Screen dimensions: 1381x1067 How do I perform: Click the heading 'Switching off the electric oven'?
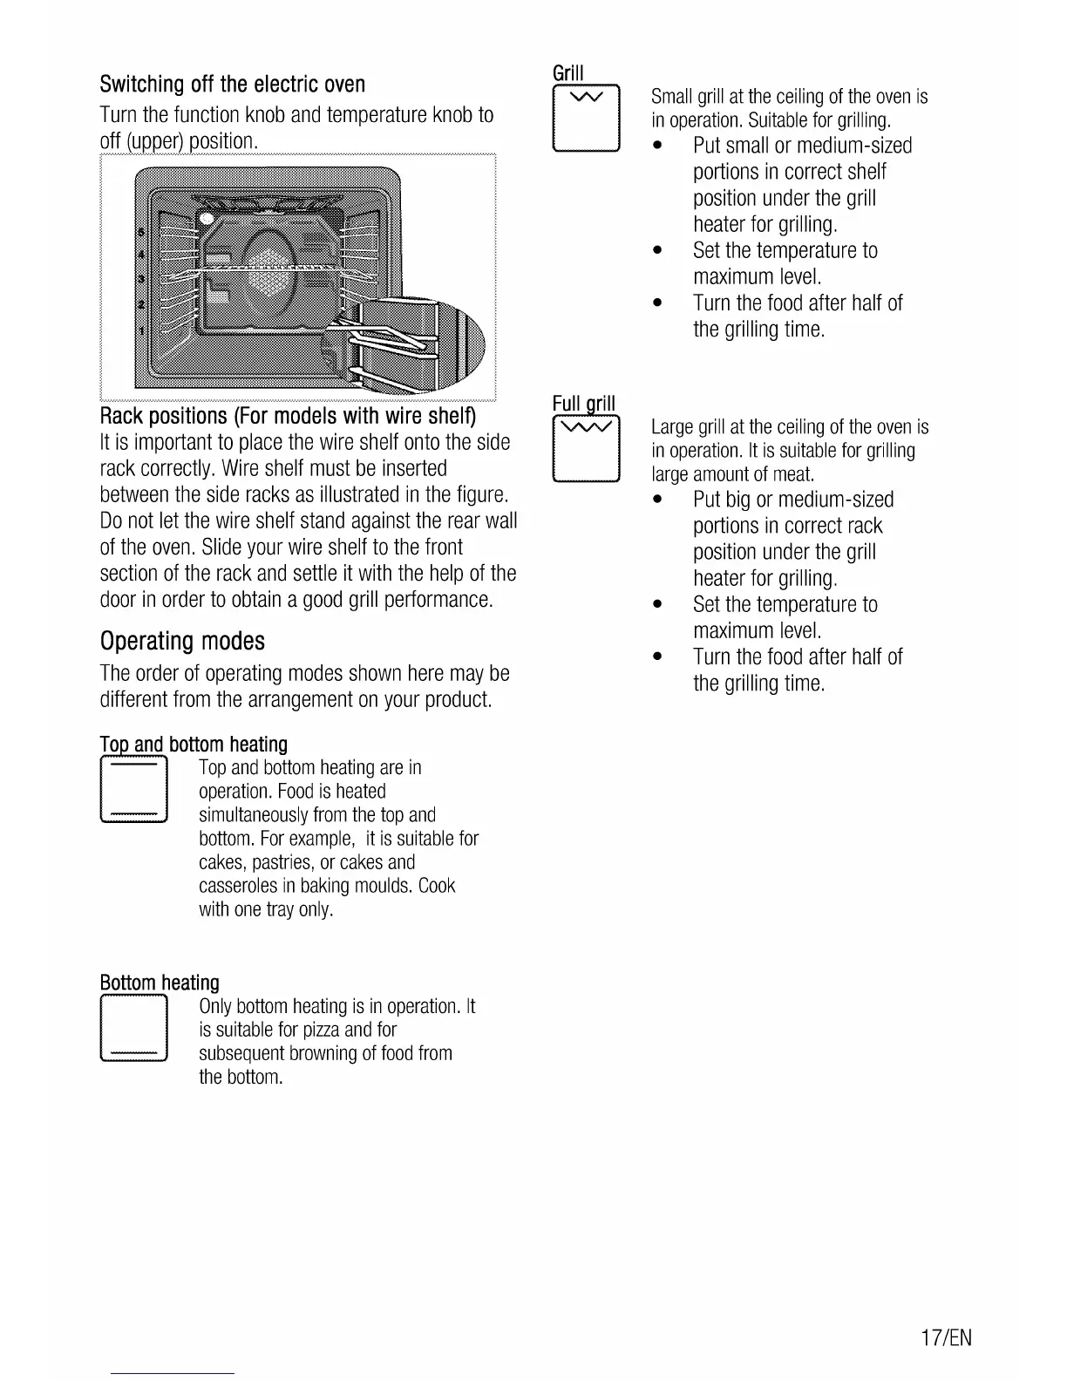click(232, 85)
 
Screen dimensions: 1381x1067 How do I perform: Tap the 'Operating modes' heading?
click(182, 642)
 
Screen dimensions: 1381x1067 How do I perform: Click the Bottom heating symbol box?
click(133, 1030)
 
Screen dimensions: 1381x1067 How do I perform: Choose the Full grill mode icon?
click(586, 449)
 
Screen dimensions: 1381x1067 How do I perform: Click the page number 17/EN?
click(945, 1337)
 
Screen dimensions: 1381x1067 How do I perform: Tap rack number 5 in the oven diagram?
click(140, 233)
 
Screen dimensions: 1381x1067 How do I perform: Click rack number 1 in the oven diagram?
click(140, 331)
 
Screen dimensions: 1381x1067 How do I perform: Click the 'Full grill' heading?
click(584, 403)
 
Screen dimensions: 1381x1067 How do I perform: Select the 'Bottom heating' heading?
click(160, 983)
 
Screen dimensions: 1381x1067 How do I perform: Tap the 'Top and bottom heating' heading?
click(194, 744)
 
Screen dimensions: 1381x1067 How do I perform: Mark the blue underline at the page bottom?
click(173, 1373)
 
